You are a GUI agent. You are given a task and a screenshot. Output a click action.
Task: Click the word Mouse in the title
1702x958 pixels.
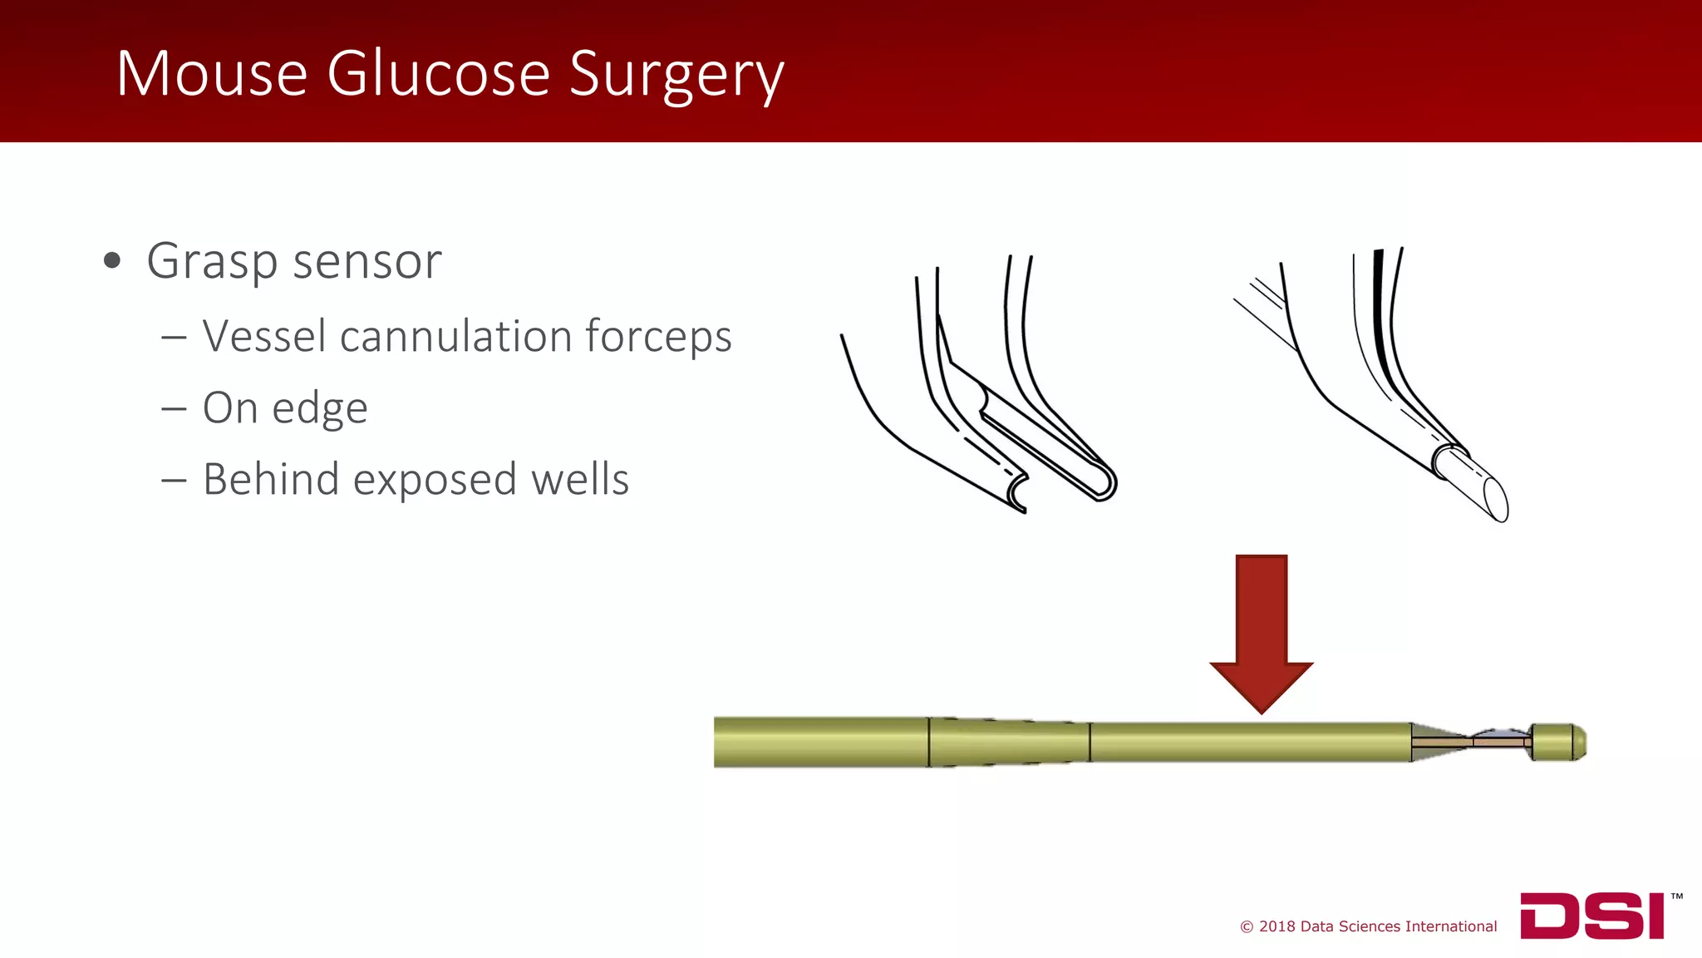pyautogui.click(x=212, y=74)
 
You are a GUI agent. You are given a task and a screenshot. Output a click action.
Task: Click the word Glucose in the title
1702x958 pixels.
pyautogui.click(x=438, y=74)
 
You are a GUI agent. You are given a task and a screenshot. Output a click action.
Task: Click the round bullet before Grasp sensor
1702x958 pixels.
pyautogui.click(x=112, y=261)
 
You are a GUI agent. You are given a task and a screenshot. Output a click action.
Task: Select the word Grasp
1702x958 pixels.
pyautogui.click(x=212, y=263)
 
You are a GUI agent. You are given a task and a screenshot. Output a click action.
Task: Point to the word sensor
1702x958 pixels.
pyautogui.click(x=366, y=261)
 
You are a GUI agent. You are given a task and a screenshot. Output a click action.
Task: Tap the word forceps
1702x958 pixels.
pyautogui.click(x=658, y=338)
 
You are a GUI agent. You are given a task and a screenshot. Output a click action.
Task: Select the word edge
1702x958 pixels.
pyautogui.click(x=320, y=409)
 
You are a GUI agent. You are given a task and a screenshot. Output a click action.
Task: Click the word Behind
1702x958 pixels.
pyautogui.click(x=271, y=480)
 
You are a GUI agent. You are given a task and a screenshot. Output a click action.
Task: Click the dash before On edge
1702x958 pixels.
pyautogui.click(x=174, y=409)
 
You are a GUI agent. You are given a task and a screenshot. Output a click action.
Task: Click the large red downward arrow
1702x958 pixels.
pyautogui.click(x=1261, y=632)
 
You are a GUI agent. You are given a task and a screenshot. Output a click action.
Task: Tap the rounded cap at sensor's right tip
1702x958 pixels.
pyautogui.click(x=1558, y=742)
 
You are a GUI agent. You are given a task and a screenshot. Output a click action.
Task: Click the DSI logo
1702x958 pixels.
pyautogui.click(x=1591, y=916)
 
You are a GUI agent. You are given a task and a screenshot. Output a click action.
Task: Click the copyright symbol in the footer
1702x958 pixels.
pyautogui.click(x=1246, y=927)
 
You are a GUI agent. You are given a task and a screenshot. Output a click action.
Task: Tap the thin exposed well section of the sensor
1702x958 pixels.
pyautogui.click(x=1500, y=739)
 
